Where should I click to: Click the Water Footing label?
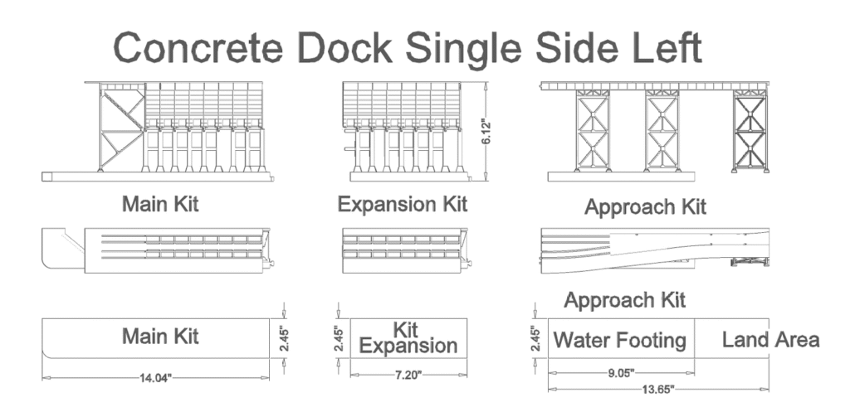620,340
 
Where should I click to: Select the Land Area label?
770,339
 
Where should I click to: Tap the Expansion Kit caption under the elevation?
403,204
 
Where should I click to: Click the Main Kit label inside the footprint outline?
160,337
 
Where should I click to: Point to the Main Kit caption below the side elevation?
160,204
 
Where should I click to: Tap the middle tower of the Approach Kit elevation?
662,131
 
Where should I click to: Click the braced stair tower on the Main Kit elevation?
121,128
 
